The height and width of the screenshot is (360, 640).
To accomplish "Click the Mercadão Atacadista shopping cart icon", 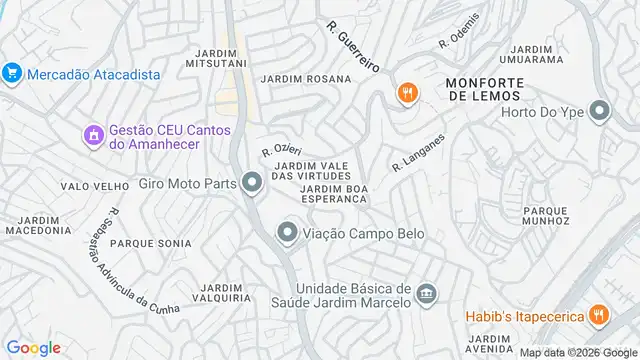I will [x=12, y=73].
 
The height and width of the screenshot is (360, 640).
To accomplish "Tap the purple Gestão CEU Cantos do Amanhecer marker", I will [x=94, y=134].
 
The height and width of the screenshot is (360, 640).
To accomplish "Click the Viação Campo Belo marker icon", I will [x=287, y=234].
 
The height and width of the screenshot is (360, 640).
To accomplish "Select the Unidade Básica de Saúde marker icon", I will [x=427, y=293].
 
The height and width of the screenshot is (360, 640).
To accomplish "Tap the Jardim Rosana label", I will [x=306, y=78].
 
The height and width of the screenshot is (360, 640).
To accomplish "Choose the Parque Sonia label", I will [x=150, y=243].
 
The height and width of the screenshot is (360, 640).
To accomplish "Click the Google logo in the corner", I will [x=33, y=347].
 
